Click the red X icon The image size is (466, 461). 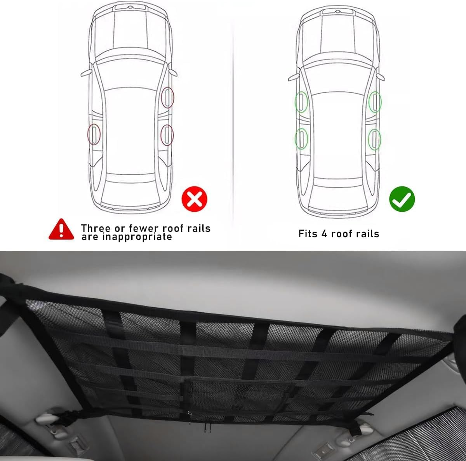pos(195,199)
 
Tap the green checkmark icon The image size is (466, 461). pos(402,199)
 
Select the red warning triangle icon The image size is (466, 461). pos(61,230)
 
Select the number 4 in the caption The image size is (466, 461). pos(324,233)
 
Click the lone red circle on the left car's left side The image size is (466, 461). pos(94,134)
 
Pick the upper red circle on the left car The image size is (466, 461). pos(167,97)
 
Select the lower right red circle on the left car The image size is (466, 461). pos(167,135)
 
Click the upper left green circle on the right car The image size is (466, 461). pos(301,102)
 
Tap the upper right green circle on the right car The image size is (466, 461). pos(375,102)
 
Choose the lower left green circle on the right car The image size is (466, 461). pos(301,139)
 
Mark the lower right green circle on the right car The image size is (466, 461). pos(375,139)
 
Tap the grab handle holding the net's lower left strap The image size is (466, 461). pos(50,417)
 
